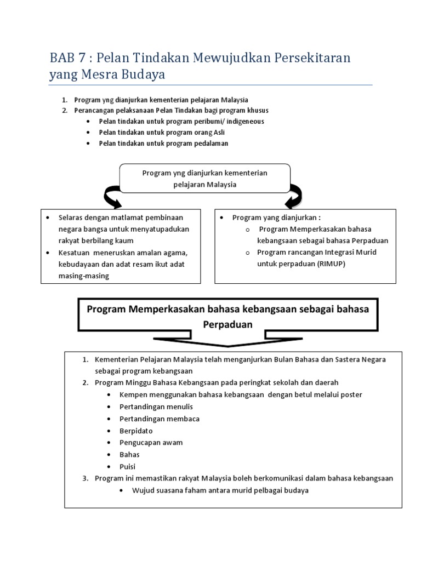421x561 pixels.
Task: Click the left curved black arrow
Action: (x=112, y=196)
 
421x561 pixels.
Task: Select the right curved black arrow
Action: (x=294, y=196)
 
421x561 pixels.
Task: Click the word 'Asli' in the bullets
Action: (x=218, y=132)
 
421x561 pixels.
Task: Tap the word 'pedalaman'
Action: (x=210, y=143)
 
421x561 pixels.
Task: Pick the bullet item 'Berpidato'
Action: (x=136, y=431)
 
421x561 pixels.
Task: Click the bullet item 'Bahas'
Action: (x=129, y=454)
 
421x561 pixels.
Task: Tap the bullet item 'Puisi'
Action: (x=128, y=466)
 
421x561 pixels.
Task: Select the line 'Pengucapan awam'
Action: (x=151, y=442)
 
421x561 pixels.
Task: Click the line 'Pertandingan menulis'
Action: (x=156, y=407)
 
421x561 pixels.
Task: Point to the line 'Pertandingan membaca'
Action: (x=159, y=419)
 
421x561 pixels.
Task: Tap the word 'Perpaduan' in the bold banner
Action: (x=228, y=324)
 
